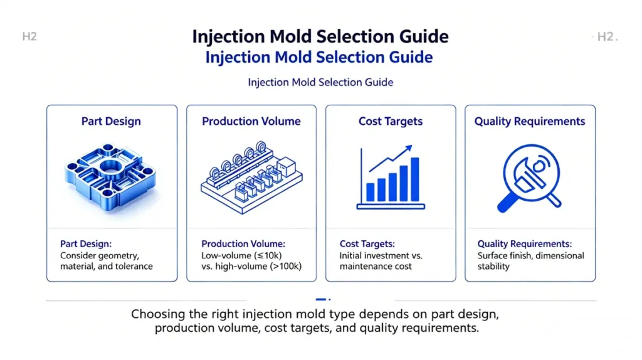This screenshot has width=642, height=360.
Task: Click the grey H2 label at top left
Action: click(29, 37)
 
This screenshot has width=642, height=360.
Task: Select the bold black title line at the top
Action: click(320, 36)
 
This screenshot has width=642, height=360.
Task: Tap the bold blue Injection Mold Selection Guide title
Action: click(319, 58)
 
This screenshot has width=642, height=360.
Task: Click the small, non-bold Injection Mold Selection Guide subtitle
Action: click(320, 83)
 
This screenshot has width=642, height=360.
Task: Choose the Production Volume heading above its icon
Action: click(251, 122)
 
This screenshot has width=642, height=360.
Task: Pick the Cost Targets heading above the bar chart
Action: click(390, 122)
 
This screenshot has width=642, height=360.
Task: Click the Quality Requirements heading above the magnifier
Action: click(530, 122)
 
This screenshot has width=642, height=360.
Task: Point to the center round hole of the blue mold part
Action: click(112, 171)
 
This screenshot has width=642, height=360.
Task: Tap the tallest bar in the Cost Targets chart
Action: click(414, 179)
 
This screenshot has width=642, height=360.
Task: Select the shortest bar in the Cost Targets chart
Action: click(370, 192)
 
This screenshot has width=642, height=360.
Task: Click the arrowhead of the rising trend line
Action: click(409, 149)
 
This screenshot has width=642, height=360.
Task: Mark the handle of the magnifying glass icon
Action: click(506, 203)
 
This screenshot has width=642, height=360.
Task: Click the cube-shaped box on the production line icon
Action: click(286, 167)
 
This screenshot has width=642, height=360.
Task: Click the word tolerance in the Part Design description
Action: click(132, 266)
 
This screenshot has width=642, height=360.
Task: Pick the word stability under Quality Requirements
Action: click(493, 266)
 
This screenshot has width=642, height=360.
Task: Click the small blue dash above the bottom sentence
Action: click(320, 300)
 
